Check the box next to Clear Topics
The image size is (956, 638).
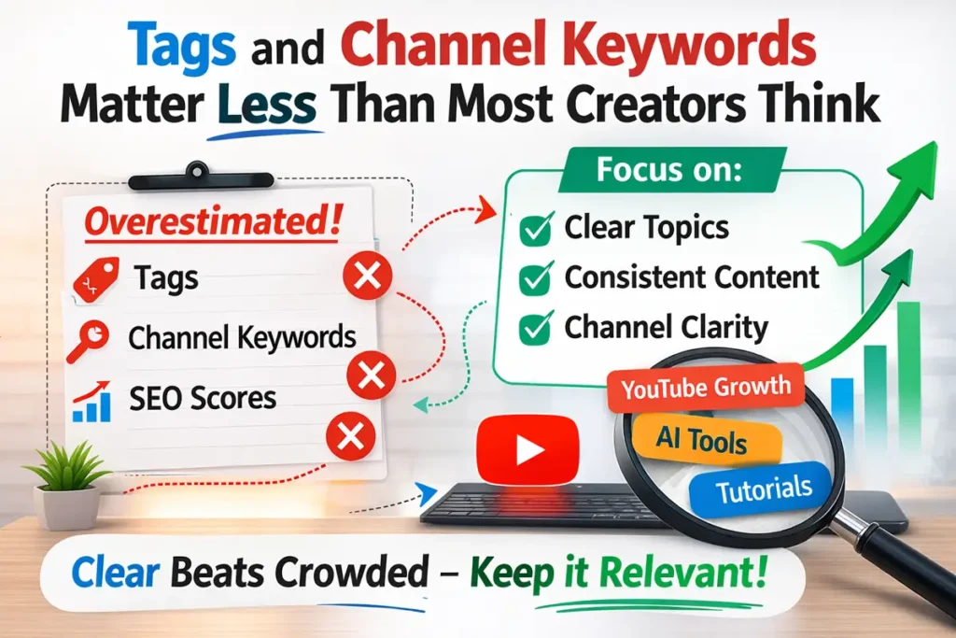click(535, 229)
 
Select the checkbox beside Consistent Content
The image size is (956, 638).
click(535, 278)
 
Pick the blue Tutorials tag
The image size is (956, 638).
click(760, 488)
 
